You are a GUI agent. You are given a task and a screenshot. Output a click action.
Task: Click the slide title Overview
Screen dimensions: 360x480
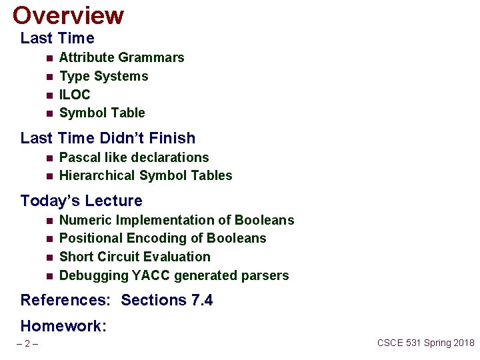pos(68,15)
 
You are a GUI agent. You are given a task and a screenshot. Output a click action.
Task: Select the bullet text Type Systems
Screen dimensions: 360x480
pos(103,76)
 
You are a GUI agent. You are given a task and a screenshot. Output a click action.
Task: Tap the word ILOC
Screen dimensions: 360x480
pos(75,95)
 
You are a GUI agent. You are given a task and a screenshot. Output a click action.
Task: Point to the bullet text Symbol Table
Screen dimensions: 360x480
pos(102,113)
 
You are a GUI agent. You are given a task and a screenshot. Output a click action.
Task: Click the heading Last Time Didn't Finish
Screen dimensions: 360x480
pos(108,138)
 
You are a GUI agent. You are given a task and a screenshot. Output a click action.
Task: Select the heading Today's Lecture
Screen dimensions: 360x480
pos(81,201)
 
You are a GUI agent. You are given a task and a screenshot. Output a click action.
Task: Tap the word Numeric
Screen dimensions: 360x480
pos(85,220)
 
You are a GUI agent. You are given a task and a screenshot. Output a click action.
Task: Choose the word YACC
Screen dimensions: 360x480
pos(150,275)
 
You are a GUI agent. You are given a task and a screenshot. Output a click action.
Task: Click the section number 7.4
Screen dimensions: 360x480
pos(201,300)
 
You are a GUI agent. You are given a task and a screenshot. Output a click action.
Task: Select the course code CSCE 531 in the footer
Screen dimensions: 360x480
pos(402,343)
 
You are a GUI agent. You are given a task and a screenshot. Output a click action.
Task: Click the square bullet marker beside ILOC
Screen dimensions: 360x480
pos(49,95)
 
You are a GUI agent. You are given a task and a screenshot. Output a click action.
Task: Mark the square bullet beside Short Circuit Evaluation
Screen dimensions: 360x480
pos(49,257)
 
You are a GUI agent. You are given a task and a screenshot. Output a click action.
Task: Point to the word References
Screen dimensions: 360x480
pos(65,300)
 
